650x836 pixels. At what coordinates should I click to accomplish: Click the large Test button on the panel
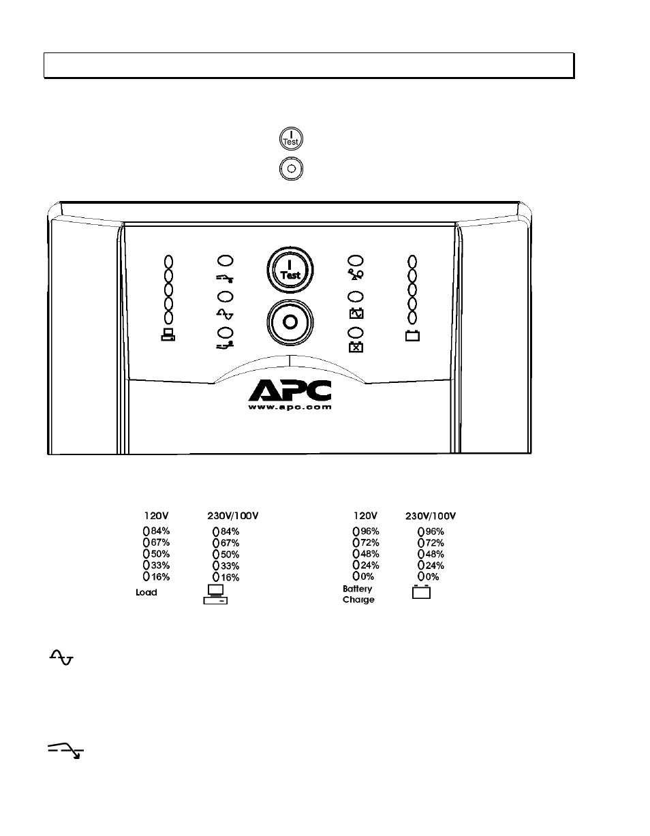[x=290, y=270]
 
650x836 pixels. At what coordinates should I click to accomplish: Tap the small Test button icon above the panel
[x=291, y=138]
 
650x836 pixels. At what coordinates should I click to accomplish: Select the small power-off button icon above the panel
[x=291, y=169]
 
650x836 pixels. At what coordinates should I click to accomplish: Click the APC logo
[x=290, y=390]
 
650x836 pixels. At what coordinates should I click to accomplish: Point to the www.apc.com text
[x=290, y=407]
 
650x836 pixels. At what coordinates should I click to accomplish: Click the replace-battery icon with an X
[x=356, y=347]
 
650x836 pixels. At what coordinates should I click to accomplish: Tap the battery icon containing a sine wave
[x=356, y=313]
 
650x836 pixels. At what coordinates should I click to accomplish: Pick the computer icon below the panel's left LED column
[x=168, y=335]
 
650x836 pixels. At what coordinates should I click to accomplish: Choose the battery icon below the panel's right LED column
[x=412, y=335]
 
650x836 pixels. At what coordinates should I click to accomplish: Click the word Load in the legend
[x=146, y=593]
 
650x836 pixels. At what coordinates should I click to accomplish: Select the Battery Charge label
[x=358, y=594]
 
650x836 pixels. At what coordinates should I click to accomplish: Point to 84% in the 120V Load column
[x=160, y=531]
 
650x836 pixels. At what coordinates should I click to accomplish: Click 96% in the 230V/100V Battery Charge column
[x=435, y=531]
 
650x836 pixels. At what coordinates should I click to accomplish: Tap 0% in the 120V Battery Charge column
[x=367, y=576]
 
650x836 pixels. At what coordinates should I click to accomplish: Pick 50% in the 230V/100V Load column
[x=230, y=555]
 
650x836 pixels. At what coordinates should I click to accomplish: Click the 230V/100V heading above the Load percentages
[x=233, y=516]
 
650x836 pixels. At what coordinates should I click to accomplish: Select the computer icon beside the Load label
[x=215, y=594]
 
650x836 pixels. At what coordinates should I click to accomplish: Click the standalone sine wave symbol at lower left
[x=61, y=657]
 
